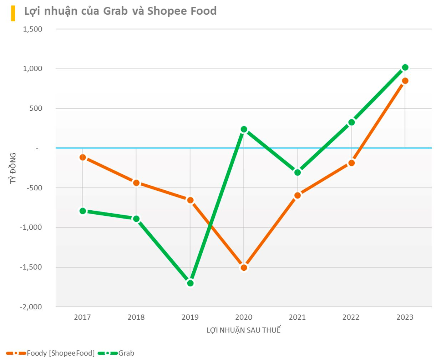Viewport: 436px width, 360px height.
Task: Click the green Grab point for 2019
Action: click(190, 283)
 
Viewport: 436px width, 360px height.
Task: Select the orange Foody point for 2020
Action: click(244, 267)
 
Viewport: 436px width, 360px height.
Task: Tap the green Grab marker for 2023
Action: click(405, 67)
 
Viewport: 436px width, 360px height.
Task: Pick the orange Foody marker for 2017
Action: click(83, 157)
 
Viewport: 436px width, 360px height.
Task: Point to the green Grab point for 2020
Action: click(244, 129)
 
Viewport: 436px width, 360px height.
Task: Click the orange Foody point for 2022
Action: click(351, 163)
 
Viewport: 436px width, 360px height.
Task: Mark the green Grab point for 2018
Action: click(136, 219)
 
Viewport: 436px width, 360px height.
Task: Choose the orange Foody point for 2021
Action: click(298, 195)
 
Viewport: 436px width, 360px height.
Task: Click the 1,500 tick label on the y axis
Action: click(33, 29)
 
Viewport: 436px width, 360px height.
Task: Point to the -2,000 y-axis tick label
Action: click(31, 307)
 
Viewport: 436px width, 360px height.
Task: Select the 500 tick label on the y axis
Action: click(36, 109)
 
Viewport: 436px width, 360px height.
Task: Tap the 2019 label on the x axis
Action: click(190, 317)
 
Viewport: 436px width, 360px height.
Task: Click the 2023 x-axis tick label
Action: click(405, 317)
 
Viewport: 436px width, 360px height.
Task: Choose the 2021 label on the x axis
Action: click(298, 317)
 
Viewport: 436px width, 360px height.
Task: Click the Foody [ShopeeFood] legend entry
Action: click(61, 353)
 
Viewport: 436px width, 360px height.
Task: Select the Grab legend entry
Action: click(126, 353)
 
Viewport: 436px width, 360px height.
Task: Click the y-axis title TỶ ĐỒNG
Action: click(13, 168)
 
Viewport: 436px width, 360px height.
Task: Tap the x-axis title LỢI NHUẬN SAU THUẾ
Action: click(244, 330)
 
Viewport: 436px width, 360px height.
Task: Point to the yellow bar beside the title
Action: click(13, 13)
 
